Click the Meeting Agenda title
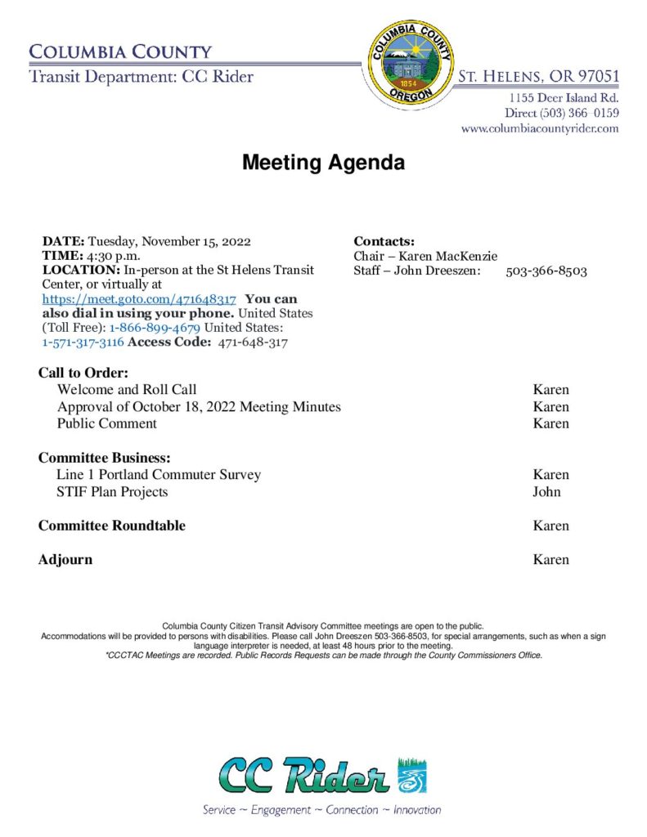pyautogui.click(x=323, y=163)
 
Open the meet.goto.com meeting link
pyautogui.click(x=139, y=299)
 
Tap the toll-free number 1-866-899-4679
pyautogui.click(x=155, y=329)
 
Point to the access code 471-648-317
pyautogui.click(x=253, y=343)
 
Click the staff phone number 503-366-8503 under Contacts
pyautogui.click(x=546, y=271)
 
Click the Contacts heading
pyautogui.click(x=384, y=241)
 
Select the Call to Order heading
pyautogui.click(x=83, y=374)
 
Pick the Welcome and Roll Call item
pyautogui.click(x=127, y=389)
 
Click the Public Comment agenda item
pyautogui.click(x=106, y=423)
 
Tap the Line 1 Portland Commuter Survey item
pyautogui.click(x=159, y=474)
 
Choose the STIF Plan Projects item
pyautogui.click(x=112, y=491)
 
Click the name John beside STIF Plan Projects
pyautogui.click(x=546, y=491)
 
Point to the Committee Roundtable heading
pyautogui.click(x=112, y=526)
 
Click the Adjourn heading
pyautogui.click(x=65, y=560)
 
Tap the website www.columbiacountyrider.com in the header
pyautogui.click(x=540, y=128)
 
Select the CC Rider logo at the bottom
pyautogui.click(x=322, y=777)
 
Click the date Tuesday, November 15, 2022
pyautogui.click(x=169, y=241)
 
